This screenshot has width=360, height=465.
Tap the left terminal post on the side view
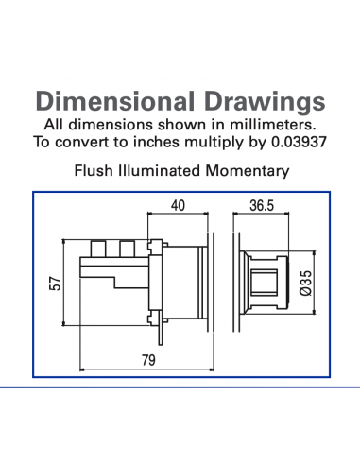[98, 250]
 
